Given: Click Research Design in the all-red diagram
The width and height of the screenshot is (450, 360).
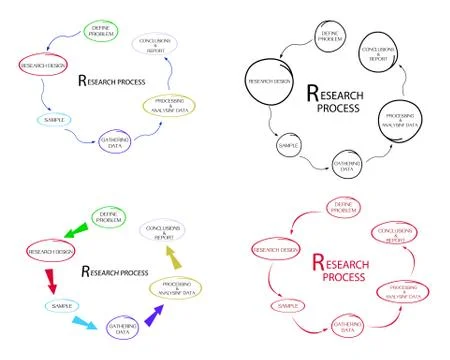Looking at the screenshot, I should pos(276,249).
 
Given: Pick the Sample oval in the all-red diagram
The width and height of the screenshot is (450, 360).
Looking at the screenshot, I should pos(288,304).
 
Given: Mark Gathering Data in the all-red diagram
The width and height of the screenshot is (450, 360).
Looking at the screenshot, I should pos(350,326).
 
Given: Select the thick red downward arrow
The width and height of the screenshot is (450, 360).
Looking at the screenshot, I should pos(50,279).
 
